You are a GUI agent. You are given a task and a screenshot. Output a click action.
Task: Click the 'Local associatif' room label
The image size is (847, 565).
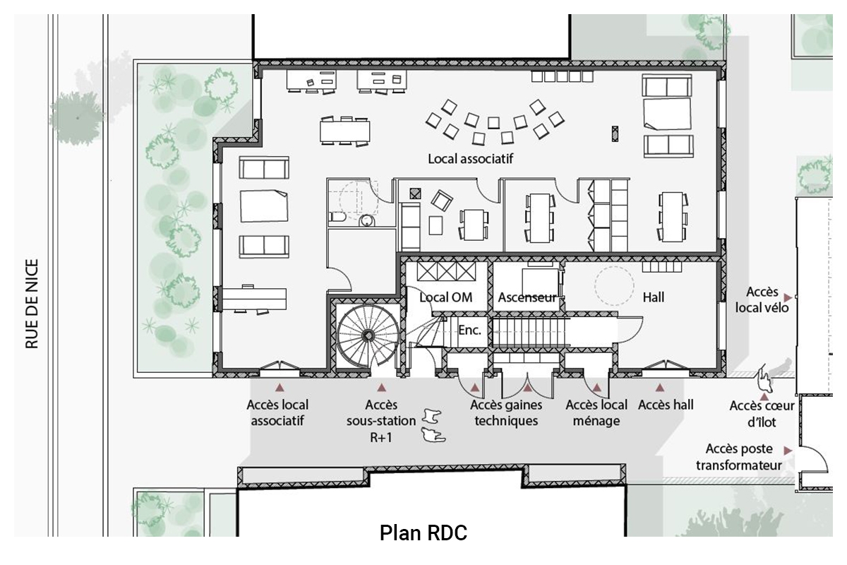pos(470,159)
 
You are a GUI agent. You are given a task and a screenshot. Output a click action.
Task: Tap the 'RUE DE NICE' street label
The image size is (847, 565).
pos(32,304)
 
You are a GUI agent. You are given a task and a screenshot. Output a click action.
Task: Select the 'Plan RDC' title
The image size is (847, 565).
pos(423,533)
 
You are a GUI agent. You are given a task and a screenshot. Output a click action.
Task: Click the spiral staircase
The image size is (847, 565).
pos(368,335)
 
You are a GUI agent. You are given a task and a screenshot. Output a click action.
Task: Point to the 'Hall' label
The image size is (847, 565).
pos(654,297)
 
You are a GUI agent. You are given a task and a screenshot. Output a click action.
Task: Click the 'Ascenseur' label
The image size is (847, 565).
pos(527,297)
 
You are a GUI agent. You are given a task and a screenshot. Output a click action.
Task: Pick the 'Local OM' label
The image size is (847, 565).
pos(446,297)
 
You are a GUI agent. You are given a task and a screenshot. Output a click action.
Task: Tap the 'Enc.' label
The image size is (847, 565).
pos(469,331)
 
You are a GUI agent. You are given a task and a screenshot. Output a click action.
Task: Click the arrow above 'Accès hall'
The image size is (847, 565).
pos(660,388)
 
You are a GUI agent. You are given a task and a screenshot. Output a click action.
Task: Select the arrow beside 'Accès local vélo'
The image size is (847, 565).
pos(788,297)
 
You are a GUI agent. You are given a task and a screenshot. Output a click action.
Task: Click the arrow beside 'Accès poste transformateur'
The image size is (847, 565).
pos(788,451)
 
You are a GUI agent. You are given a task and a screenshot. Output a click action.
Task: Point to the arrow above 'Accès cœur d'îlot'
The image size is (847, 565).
pos(764,397)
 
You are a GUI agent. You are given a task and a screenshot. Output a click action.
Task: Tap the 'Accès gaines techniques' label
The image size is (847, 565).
pos(506,413)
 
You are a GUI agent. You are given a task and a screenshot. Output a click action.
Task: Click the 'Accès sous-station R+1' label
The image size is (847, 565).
pos(381,421)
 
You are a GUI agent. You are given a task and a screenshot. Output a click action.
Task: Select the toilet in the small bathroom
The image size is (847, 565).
pos(338,217)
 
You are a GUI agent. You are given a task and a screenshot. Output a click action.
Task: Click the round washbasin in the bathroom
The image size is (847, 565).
pos(366,220)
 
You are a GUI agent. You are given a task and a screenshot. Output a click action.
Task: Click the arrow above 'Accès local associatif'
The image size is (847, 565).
pos(280,388)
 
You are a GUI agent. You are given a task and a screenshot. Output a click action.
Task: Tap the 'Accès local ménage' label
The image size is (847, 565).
pos(596,413)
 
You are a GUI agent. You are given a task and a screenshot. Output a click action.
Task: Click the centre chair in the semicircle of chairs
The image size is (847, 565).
pos(493,123)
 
